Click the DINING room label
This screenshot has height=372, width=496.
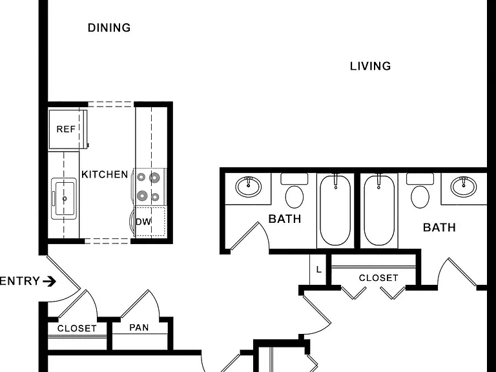109,28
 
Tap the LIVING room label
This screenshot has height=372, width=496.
371,66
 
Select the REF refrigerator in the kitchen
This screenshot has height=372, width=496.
68,129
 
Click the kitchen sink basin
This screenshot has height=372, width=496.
64,199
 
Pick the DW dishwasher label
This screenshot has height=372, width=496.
143,222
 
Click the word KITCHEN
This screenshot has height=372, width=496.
105,174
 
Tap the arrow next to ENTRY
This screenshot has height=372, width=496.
49,281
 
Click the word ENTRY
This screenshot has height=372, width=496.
19,281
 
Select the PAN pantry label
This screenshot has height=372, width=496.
139,327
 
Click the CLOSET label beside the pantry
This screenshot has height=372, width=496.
77,328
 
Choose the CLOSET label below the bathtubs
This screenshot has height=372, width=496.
378,278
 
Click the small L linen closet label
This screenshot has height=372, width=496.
319,269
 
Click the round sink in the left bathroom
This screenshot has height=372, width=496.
248,186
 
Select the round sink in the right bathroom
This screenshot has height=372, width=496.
464,186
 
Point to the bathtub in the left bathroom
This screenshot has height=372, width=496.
335,210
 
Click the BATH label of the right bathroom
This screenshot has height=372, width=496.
439,227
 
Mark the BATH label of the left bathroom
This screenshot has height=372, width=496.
285,219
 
